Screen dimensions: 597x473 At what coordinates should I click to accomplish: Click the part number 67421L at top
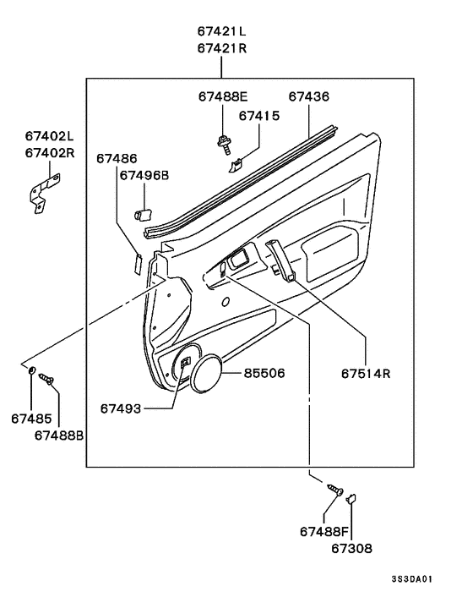tap(222, 31)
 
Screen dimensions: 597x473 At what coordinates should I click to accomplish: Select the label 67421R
tap(222, 49)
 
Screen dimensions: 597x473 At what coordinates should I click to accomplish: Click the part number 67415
tap(259, 115)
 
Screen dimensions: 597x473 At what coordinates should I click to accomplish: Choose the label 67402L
tap(49, 135)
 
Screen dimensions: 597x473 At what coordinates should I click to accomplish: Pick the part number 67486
tap(117, 158)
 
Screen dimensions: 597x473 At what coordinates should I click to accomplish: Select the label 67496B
tap(144, 175)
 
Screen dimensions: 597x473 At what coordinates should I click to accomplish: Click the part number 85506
tap(264, 373)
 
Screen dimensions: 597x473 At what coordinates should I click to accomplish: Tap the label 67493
tap(121, 408)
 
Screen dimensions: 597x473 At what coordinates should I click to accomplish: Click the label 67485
tap(31, 418)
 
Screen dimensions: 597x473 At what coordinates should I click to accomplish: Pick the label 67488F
tap(324, 531)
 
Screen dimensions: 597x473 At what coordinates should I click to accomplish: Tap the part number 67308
tap(351, 548)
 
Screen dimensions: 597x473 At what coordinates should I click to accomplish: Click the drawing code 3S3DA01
tap(412, 579)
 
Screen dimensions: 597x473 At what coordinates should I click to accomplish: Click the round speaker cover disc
tap(204, 373)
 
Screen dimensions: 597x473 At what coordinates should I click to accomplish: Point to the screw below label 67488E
tap(226, 146)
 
